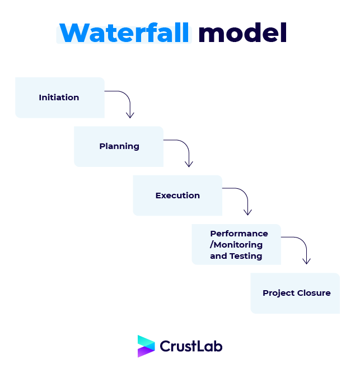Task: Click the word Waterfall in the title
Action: [124, 32]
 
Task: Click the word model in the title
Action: [243, 32]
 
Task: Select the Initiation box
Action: [60, 97]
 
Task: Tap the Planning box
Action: [119, 146]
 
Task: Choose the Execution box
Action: [177, 196]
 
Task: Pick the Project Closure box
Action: [295, 293]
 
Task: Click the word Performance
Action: [239, 234]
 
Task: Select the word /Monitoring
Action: [236, 245]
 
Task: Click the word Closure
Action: [314, 293]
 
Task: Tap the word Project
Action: [279, 294]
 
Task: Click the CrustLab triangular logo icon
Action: [146, 346]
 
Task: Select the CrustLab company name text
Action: [191, 346]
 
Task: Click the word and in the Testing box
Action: [218, 256]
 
